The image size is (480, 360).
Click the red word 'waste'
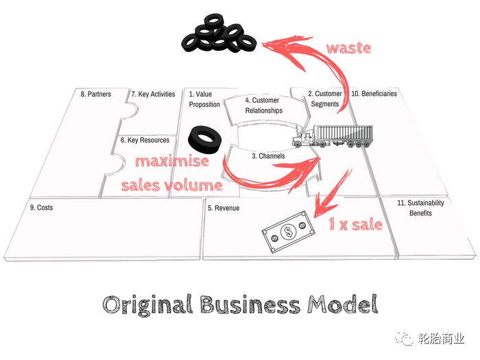[348, 48]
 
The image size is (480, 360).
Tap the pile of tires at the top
[219, 34]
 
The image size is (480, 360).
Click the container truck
[333, 136]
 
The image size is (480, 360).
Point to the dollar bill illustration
[288, 232]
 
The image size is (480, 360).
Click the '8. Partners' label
[96, 94]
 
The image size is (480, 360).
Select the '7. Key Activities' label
[153, 94]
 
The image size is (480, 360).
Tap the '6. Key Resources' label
[145, 140]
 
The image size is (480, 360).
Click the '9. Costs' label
[41, 208]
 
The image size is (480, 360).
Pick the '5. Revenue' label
[224, 208]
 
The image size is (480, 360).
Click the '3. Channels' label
[268, 156]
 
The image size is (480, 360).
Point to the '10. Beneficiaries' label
[374, 94]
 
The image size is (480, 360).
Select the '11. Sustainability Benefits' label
[420, 208]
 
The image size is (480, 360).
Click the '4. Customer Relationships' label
[263, 106]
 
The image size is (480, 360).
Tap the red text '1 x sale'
[355, 224]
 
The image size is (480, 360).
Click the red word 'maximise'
[172, 160]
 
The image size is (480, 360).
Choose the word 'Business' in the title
[250, 304]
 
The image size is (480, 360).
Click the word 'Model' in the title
[343, 304]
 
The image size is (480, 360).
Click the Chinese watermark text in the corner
[441, 339]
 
